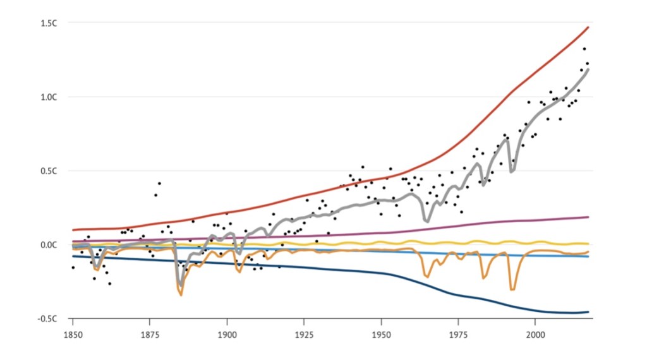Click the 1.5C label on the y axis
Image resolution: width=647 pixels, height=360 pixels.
pyautogui.click(x=50, y=23)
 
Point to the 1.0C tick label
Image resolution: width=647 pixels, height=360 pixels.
pyautogui.click(x=50, y=97)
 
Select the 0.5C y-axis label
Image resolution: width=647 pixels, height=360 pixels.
pyautogui.click(x=50, y=171)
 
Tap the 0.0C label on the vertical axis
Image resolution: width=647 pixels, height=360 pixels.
pyautogui.click(x=50, y=244)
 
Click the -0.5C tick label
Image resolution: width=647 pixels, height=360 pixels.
pyautogui.click(x=49, y=318)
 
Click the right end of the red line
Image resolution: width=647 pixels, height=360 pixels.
pyautogui.click(x=588, y=27)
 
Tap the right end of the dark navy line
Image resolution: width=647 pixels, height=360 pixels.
pyautogui.click(x=588, y=311)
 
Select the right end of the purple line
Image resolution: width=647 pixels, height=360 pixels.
pyautogui.click(x=588, y=217)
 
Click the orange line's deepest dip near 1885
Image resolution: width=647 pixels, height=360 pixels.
pyautogui.click(x=181, y=294)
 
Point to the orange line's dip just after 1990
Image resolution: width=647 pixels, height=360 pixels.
pyautogui.click(x=512, y=289)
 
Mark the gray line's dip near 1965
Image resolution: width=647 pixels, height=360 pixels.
pyautogui.click(x=427, y=221)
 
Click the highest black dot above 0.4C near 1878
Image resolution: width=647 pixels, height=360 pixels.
pyautogui.click(x=159, y=183)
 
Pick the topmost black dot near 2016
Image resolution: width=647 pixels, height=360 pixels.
pyautogui.click(x=584, y=49)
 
